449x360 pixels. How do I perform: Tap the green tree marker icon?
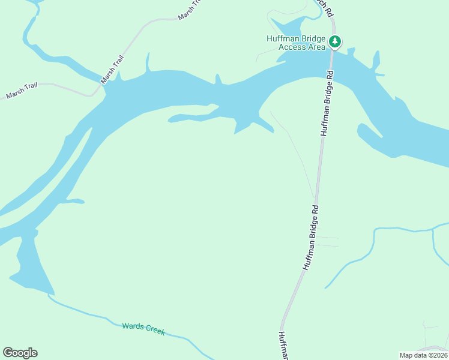tap(335, 41)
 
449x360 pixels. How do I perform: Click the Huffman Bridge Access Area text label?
tap(296, 43)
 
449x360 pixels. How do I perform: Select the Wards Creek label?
tap(143, 328)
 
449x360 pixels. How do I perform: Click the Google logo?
tap(20, 353)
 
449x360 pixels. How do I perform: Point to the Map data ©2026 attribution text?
tap(423, 355)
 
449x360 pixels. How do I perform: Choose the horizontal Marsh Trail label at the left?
tap(22, 91)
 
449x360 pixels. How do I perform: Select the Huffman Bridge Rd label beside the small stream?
tap(310, 238)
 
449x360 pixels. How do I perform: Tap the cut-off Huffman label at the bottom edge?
tap(283, 346)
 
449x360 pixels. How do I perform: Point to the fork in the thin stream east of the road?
tap(433, 229)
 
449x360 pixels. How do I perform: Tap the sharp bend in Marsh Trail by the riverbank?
tap(93, 94)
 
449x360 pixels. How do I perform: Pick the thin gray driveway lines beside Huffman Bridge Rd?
tap(328, 242)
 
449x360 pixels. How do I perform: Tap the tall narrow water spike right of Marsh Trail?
tap(147, 63)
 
